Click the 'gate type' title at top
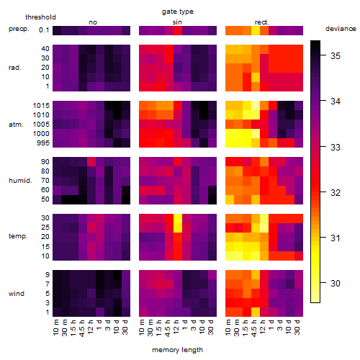(x=178, y=12)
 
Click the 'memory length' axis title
(x=178, y=350)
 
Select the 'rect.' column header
(x=262, y=22)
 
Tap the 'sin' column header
(x=177, y=22)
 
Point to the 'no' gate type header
(x=93, y=22)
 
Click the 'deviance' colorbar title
(x=341, y=29)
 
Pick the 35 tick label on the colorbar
(x=336, y=56)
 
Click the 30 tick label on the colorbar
(x=336, y=284)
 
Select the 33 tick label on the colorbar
(x=336, y=147)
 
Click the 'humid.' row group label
(x=20, y=181)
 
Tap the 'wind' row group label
(x=17, y=294)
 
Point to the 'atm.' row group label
(x=16, y=125)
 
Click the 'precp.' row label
(x=19, y=29)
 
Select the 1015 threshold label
(x=41, y=106)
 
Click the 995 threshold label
(x=43, y=143)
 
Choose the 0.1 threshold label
(x=44, y=30)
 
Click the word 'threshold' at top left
(x=40, y=17)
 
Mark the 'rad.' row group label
(x=15, y=68)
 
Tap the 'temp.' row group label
(x=18, y=236)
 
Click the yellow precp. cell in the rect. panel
(x=256, y=30)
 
